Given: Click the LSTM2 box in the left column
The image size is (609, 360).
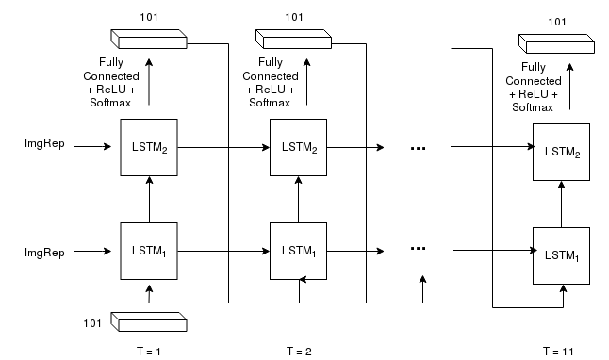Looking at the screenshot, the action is pos(148,147).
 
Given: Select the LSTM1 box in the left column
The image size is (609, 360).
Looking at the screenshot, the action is pos(148,251).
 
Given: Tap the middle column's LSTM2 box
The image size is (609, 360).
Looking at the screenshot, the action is pos(298,147).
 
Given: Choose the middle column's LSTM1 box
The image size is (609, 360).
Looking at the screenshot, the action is pos(298,251).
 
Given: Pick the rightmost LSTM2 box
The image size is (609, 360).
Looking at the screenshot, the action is pos(561,152).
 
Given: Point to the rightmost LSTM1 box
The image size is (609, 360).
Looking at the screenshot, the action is pos(561,255).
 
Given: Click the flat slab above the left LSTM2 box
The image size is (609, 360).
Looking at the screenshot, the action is pos(149,40).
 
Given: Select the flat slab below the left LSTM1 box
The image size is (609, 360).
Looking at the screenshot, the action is pos(149,322).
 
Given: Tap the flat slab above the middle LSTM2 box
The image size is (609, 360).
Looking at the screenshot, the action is pos(293,40).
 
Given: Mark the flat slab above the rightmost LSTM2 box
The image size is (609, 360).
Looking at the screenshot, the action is pos(556,44).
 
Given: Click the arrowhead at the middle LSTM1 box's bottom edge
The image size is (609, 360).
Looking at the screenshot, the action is pos(302,277).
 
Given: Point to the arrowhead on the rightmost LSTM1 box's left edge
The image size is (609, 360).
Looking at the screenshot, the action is pos(535,251).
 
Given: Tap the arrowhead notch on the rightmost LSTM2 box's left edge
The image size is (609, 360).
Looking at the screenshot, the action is pos(535,147).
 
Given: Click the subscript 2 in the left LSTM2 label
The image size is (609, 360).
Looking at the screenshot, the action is pos(165,151).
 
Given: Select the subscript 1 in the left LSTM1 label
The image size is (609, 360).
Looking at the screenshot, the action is pos(165,254).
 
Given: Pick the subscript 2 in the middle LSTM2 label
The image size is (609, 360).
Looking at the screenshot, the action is pos(315,151).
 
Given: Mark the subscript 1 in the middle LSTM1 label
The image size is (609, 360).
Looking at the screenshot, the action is pos(315,254).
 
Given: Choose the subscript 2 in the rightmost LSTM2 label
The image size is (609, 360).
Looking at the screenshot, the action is pos(578,155).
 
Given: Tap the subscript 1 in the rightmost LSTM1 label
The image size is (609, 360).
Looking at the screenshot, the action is pos(578,259).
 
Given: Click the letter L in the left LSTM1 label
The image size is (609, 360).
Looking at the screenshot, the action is pos(135,251).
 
